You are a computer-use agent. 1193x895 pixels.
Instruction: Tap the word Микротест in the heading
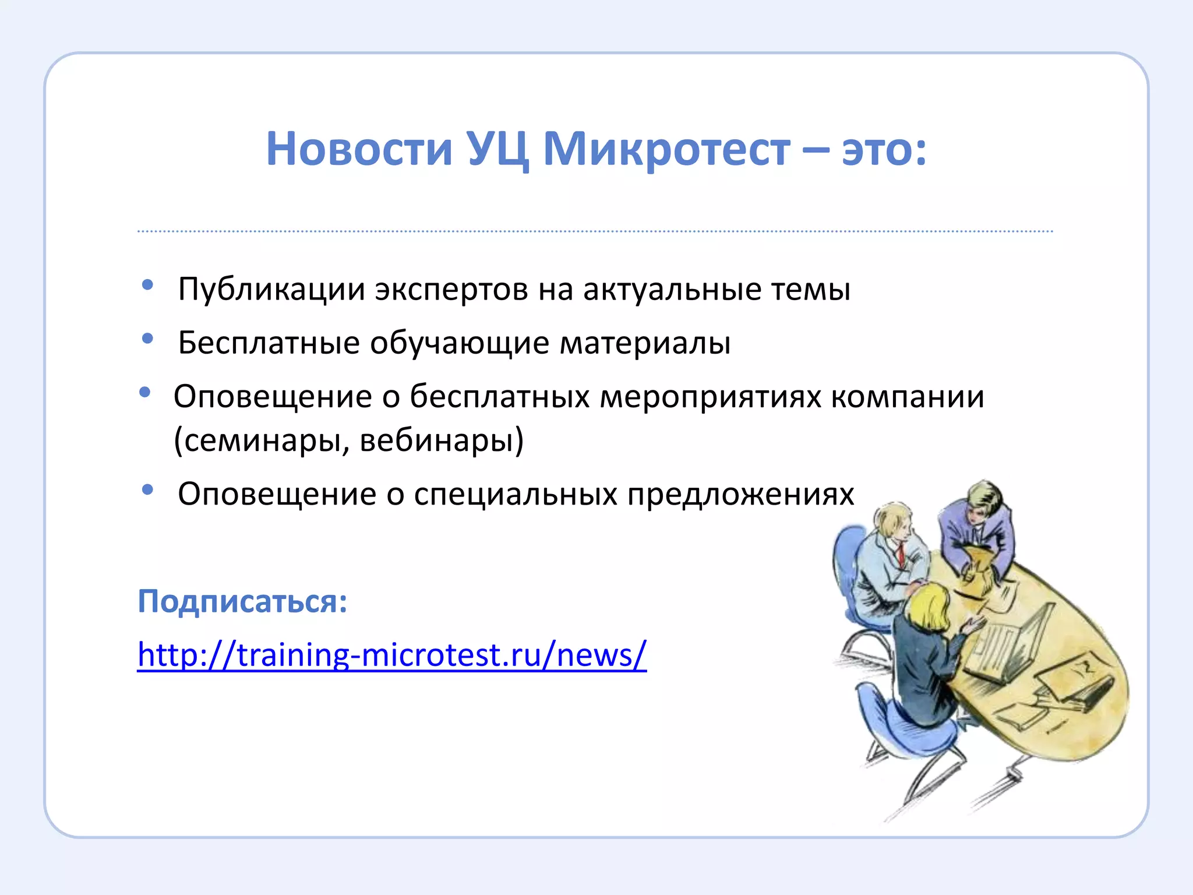[x=666, y=149]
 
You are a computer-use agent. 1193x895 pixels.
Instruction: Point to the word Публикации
[x=271, y=290]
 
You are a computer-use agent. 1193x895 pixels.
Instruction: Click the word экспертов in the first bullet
[x=451, y=290]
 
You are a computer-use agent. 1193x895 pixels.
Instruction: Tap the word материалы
[x=645, y=343]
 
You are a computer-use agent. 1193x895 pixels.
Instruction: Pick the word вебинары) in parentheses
[x=442, y=441]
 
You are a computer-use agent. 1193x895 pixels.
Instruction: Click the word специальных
[x=515, y=495]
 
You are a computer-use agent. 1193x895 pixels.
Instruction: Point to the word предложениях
[x=740, y=495]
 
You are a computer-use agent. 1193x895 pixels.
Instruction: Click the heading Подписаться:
[x=242, y=601]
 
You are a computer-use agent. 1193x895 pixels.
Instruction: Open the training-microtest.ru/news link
[x=391, y=655]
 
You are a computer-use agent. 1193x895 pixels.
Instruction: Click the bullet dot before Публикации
[x=147, y=285]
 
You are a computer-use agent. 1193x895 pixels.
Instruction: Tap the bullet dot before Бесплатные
[x=147, y=338]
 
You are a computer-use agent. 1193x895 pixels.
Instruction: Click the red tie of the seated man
[x=901, y=554]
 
